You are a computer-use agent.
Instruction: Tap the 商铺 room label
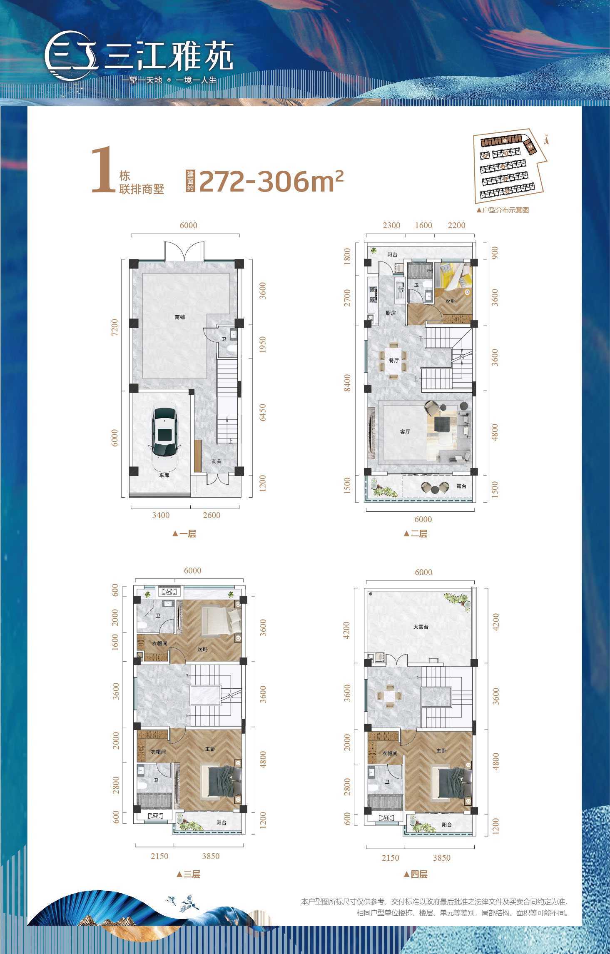point(180,317)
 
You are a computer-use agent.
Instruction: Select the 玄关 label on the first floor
point(216,461)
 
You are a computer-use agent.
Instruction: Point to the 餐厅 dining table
point(393,360)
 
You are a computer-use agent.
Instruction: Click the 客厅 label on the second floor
point(405,432)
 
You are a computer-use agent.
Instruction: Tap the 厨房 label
point(391,313)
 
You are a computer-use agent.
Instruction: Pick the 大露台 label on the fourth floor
point(421,627)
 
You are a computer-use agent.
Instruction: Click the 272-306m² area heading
point(271,182)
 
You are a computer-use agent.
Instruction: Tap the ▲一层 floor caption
point(184,533)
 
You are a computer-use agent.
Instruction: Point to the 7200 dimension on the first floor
point(115,327)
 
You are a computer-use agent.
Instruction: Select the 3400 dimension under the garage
point(161,515)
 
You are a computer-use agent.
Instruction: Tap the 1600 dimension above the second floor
point(423,225)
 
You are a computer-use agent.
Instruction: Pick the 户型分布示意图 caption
point(503,210)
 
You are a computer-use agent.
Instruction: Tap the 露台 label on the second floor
point(461,486)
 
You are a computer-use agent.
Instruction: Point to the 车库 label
point(164,475)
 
